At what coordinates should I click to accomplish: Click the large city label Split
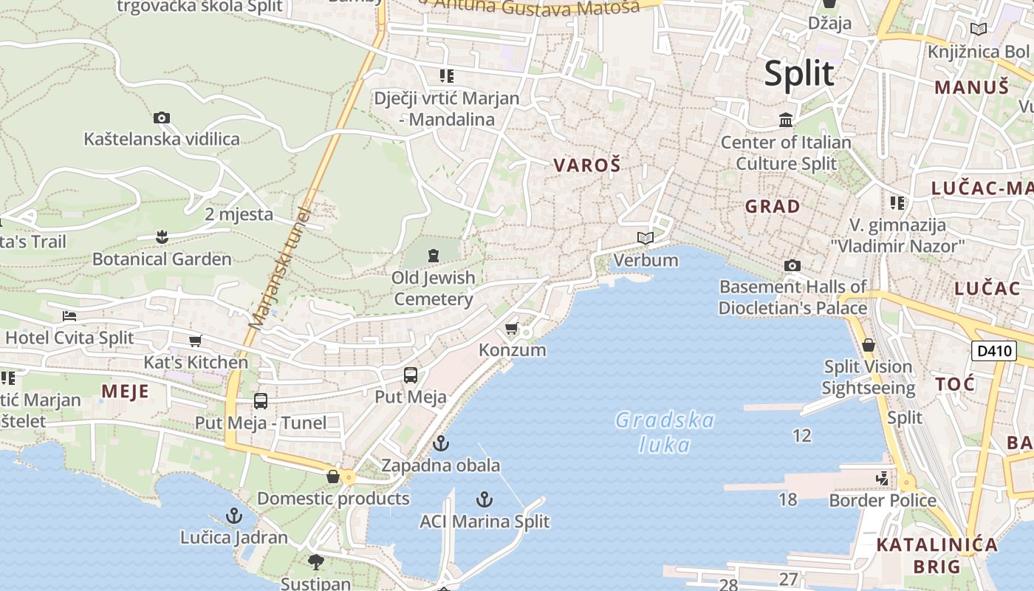coord(799,74)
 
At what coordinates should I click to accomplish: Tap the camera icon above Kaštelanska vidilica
coord(162,117)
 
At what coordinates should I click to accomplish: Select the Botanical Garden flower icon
coord(162,237)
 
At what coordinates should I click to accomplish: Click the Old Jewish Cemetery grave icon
coord(433,256)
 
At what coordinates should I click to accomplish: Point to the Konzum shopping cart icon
coord(511,328)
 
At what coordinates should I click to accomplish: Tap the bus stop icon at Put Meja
coord(411,375)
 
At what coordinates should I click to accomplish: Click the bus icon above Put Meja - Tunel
coord(261,401)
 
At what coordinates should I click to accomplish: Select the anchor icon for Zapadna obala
coord(441,444)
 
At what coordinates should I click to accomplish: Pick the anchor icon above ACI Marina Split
coord(485,499)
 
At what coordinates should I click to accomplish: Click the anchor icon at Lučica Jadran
coord(234,516)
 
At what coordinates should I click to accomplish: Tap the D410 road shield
coord(993,351)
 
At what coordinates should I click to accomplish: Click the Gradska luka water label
coord(665,432)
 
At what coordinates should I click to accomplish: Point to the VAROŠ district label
coord(587,165)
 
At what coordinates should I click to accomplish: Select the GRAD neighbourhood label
coord(773,206)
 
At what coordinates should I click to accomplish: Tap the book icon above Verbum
coord(646,239)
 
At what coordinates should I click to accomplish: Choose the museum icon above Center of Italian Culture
coord(786,120)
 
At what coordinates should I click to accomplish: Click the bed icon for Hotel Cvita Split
coord(69,316)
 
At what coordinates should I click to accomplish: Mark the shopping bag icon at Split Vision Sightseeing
coord(869,345)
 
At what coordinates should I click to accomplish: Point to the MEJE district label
coord(126,391)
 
